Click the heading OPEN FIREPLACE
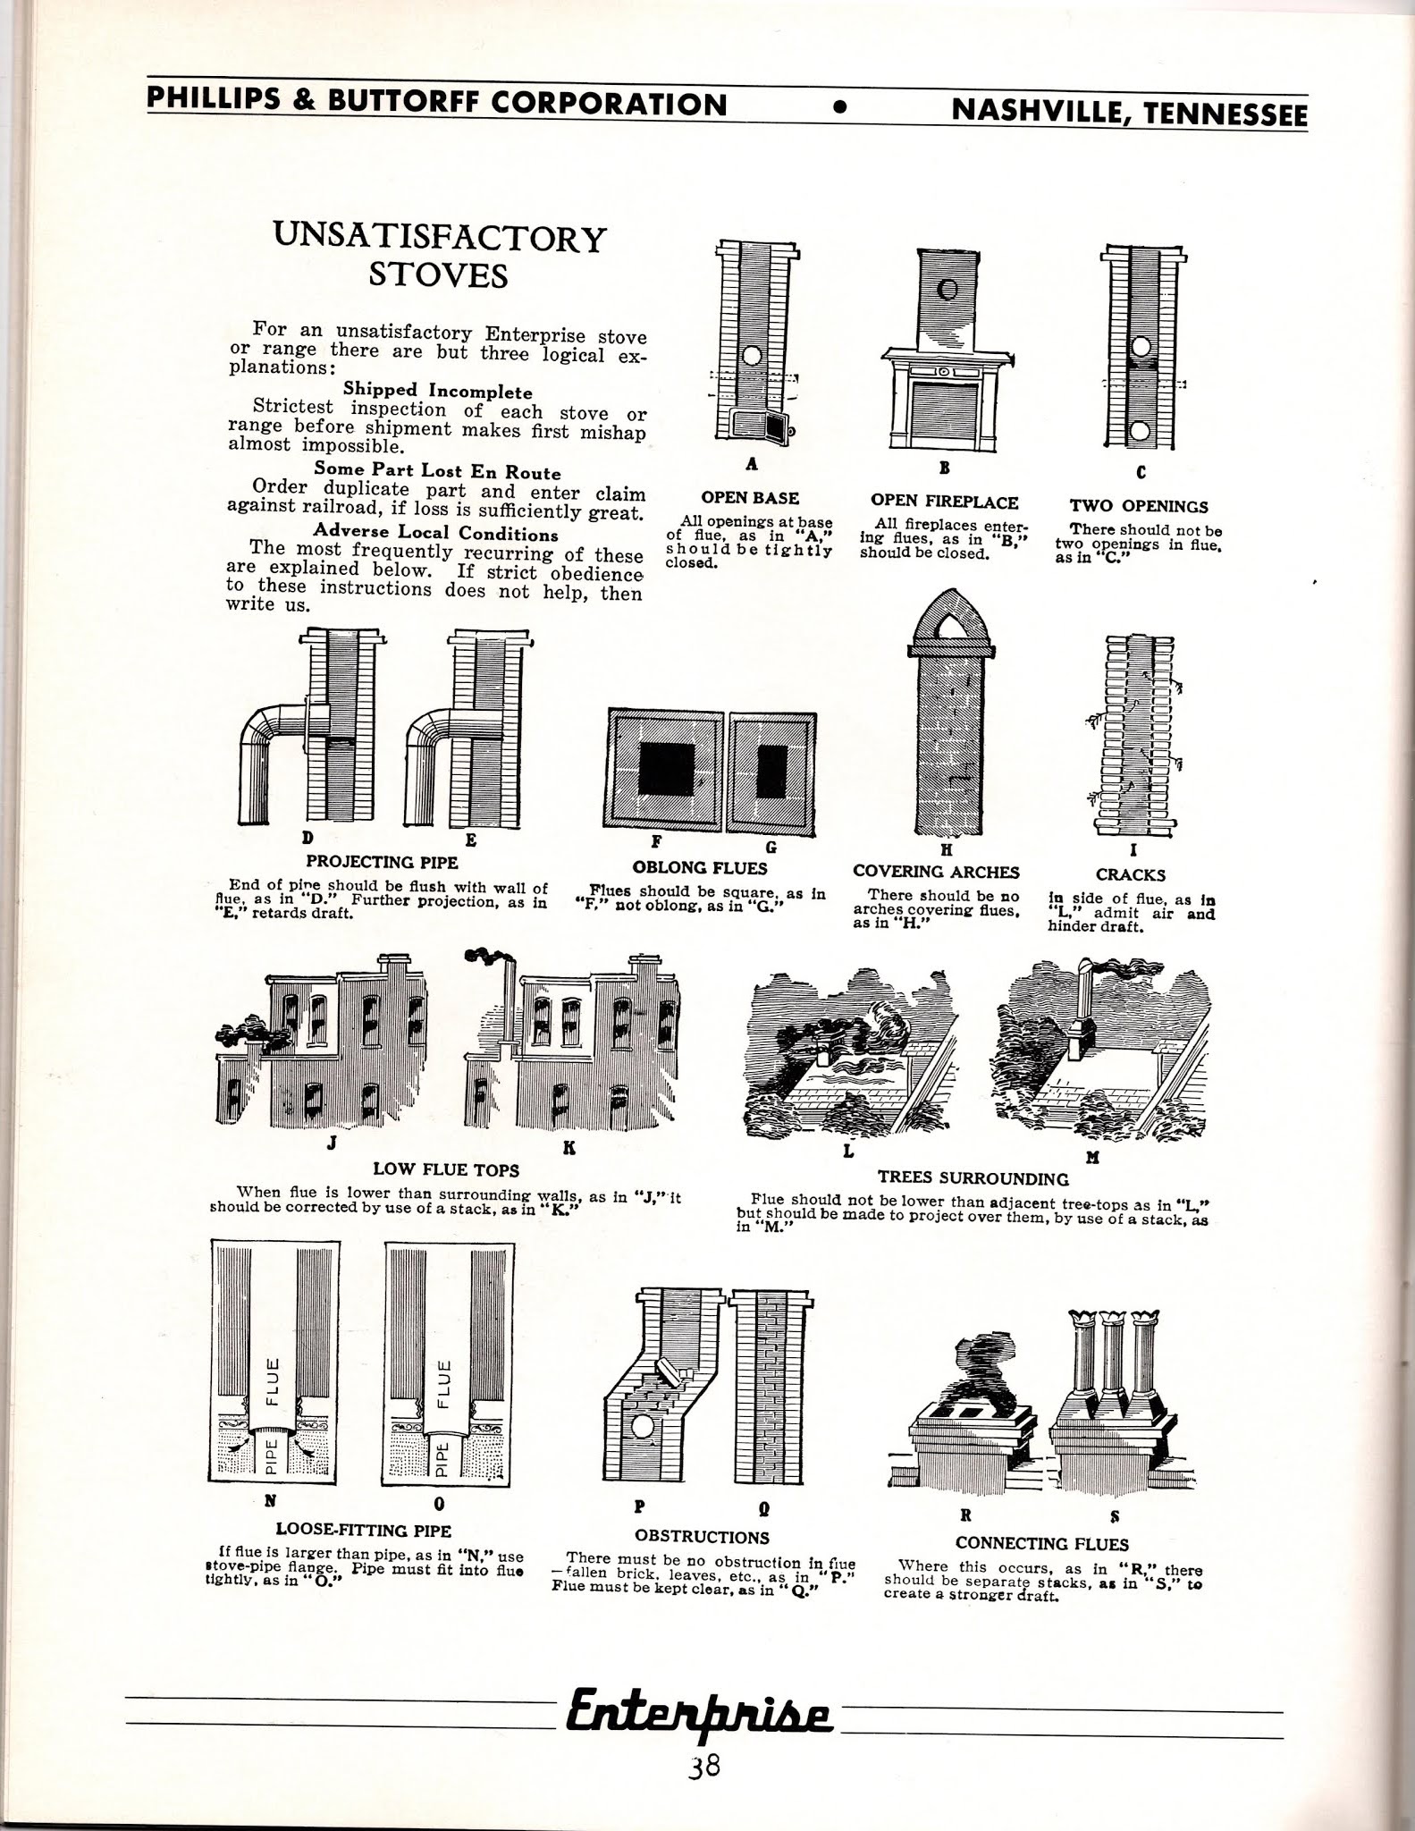click(x=944, y=502)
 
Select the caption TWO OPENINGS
click(x=1140, y=506)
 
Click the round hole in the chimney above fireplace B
click(x=948, y=289)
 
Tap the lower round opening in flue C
click(x=1140, y=432)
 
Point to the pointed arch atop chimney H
click(x=949, y=619)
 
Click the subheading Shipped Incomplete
click(x=437, y=392)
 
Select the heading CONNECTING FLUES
click(x=1041, y=1543)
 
